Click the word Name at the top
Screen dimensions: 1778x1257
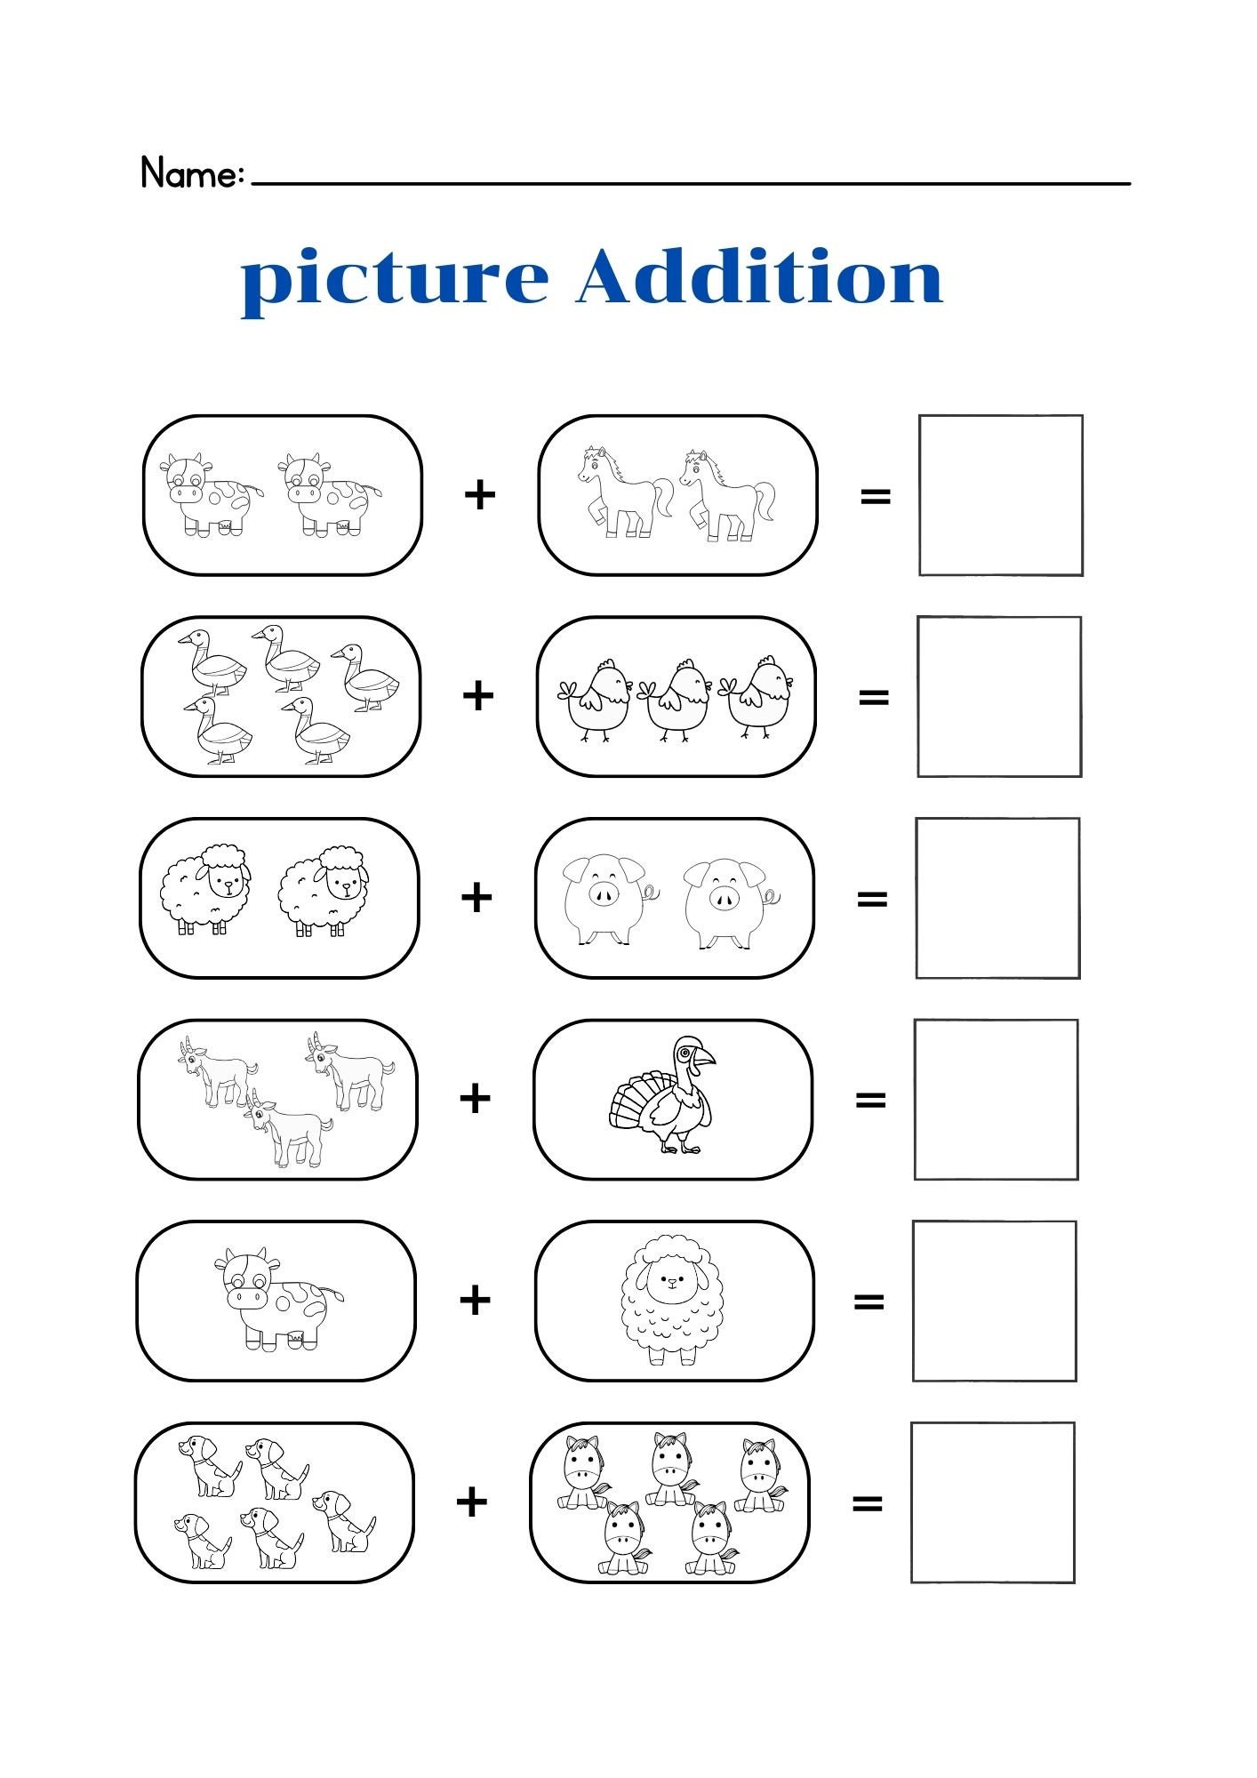(x=190, y=173)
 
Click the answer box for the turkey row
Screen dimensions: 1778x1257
(x=996, y=1100)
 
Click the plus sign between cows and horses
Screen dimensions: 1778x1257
(x=479, y=494)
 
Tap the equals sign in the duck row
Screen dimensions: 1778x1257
(x=874, y=697)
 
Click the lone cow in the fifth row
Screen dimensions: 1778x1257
(x=275, y=1299)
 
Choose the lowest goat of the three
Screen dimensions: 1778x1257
(x=288, y=1129)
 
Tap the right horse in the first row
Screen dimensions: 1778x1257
(x=726, y=495)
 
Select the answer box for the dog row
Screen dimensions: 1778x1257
(x=992, y=1502)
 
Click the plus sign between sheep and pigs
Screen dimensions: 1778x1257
(x=476, y=897)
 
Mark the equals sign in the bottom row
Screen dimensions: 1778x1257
(x=867, y=1504)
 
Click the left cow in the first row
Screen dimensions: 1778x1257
(x=210, y=494)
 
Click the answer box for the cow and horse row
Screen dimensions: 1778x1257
(x=1000, y=495)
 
